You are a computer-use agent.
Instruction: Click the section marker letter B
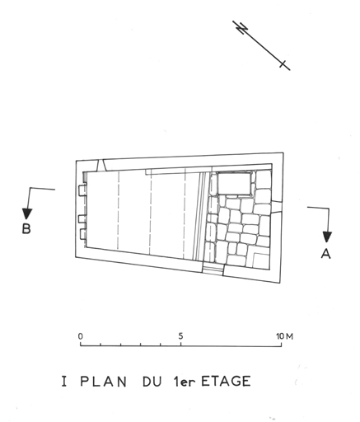coord(26,228)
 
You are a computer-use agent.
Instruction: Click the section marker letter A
coord(326,253)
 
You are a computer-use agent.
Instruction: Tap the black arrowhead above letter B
coord(27,214)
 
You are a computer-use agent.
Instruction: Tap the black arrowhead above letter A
coord(327,237)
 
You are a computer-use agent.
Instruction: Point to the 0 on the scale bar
coord(81,336)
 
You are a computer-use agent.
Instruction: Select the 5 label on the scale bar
coord(180,336)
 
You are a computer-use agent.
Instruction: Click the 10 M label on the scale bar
coord(285,336)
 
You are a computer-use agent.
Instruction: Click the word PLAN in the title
coord(104,382)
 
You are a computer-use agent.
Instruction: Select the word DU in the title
coord(152,382)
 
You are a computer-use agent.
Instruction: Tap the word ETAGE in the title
coord(226,381)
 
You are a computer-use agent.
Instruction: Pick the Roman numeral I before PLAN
coord(64,382)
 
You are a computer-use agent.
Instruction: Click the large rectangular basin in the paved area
coord(234,184)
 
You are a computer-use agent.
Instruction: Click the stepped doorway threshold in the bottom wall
coord(213,270)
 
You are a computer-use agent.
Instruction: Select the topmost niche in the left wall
coord(82,190)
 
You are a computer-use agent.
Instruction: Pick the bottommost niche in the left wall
coord(83,234)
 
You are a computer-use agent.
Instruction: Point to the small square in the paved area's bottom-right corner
coord(260,260)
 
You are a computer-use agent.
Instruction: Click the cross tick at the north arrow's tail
coord(283,64)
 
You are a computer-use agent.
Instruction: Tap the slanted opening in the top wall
coord(101,166)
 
